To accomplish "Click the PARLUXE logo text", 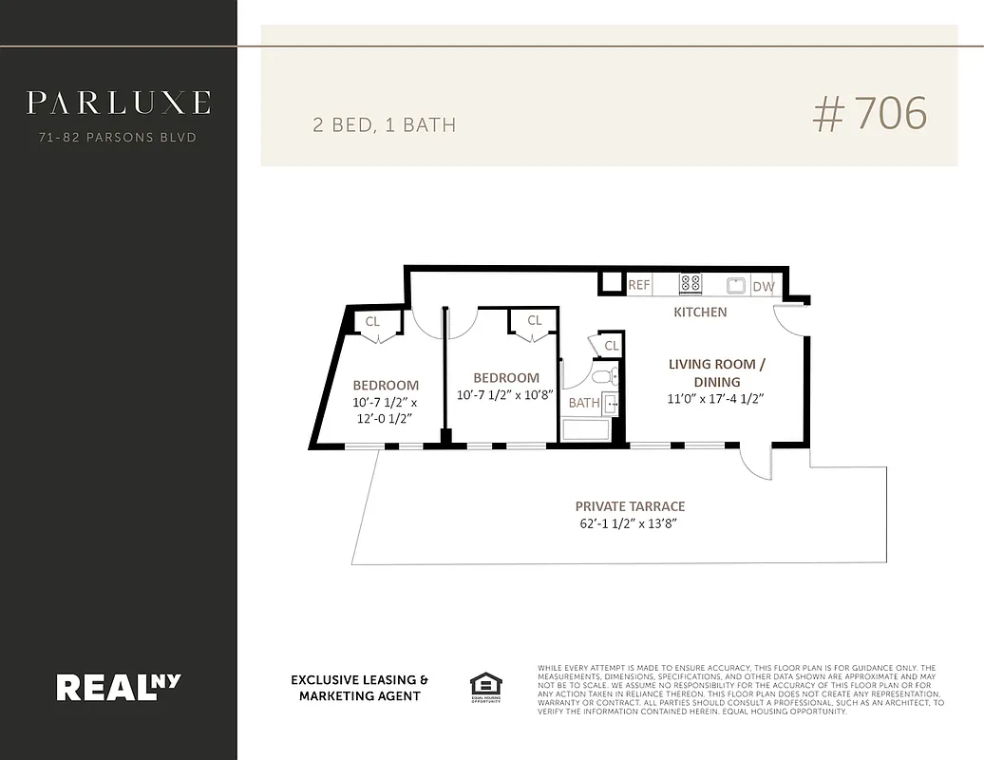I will point(118,103).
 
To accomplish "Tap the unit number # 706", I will point(869,114).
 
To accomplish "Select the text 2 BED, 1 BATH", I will point(384,124).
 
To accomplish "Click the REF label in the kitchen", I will point(639,285).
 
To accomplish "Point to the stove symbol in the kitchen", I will point(691,283).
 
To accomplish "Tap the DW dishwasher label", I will point(763,286).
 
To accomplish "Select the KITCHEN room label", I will point(700,312).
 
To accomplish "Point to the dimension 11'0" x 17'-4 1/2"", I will point(715,399).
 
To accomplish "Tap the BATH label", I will point(583,403).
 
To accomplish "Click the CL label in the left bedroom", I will point(372,322).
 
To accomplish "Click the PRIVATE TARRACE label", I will point(630,506).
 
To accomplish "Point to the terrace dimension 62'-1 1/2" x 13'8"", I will point(630,523).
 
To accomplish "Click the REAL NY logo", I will point(118,686).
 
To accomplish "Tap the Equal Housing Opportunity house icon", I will point(485,684).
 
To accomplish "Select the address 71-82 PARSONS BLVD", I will point(118,138).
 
